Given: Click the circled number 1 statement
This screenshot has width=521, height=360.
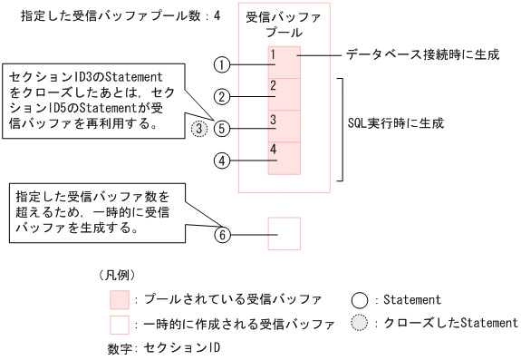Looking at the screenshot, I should coord(223,64).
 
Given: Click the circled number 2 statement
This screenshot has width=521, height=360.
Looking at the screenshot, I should coord(223,95).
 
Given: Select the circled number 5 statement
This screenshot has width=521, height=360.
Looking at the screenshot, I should coord(223,128).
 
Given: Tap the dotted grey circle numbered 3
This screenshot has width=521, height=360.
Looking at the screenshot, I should coord(201,129).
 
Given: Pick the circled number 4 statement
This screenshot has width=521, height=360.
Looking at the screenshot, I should coord(223,161).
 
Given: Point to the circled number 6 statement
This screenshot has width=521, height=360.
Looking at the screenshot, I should coord(223,235).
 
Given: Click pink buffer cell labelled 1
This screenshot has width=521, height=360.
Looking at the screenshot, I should coord(284,63).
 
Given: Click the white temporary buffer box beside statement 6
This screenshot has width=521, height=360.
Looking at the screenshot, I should coord(284,234).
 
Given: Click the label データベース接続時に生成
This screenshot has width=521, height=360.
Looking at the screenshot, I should coord(422,55).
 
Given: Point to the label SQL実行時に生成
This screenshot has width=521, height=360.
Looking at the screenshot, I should coord(397,122).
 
